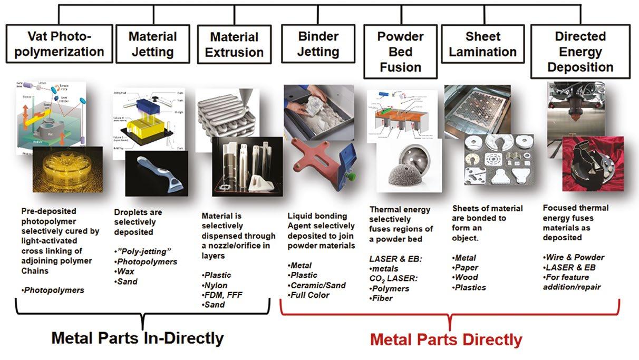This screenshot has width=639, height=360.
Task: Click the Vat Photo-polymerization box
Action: (59, 44)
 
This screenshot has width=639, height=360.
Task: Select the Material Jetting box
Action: (152, 44)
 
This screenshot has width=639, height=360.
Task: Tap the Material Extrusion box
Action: (234, 44)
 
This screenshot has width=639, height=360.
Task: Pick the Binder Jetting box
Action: (318, 44)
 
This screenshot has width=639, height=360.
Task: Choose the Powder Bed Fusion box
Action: (400, 52)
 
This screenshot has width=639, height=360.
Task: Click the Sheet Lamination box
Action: (483, 44)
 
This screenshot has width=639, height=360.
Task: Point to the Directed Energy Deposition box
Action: (580, 52)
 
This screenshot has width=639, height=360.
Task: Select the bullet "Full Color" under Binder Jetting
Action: (310, 295)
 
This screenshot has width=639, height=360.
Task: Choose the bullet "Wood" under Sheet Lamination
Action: (466, 277)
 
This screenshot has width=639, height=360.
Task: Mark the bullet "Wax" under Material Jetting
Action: (126, 271)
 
